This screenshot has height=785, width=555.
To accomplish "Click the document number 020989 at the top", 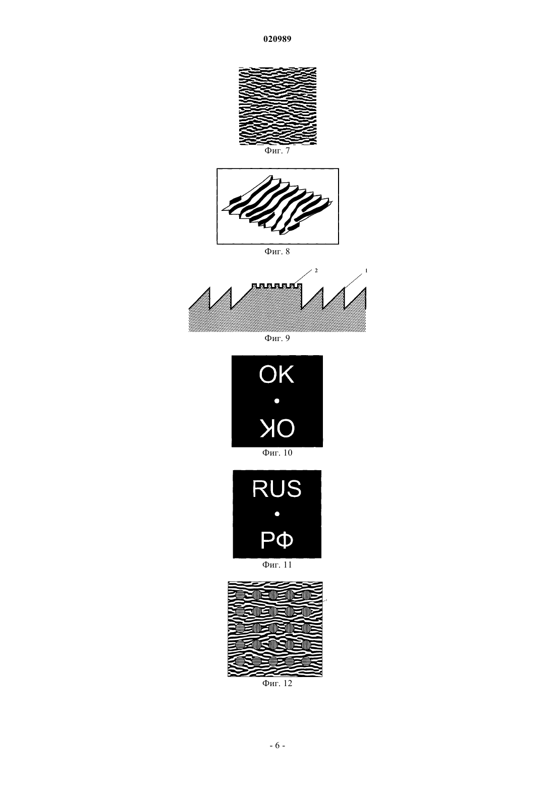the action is pos(277,39).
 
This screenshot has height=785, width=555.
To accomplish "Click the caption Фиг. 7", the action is pos(277,151).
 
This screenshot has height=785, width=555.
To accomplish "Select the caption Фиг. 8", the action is pos(277,251).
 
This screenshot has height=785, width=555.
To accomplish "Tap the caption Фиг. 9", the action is pos(277,338).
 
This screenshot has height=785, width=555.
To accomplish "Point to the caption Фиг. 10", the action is pos(277,453).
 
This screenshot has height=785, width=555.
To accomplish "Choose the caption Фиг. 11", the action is pos(277,565).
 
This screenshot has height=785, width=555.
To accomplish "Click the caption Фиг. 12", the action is pos(277,684).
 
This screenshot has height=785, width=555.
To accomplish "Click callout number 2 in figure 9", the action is pos(316,270).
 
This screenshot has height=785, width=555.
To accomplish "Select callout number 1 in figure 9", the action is pos(366,270).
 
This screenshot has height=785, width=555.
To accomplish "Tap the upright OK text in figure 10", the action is pos(276,375).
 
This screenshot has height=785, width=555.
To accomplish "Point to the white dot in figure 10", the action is pos(277,401).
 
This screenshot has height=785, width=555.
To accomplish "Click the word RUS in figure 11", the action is pos(277,489).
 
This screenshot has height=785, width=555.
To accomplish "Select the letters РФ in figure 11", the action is pos(277,540).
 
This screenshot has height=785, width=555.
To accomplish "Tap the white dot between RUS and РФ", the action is pos(277,514).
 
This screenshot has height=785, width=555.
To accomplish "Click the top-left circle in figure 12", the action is pos(240,595).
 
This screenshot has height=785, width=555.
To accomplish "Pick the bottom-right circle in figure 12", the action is pos(306,661).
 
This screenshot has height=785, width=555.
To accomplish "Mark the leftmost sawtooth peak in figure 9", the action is pos(209,288).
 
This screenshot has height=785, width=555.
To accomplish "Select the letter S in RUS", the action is pos(294,489).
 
